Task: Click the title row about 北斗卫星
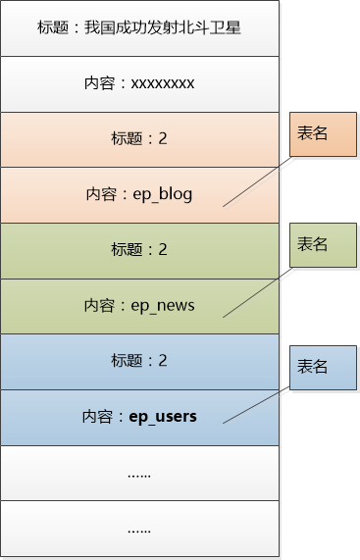tap(139, 28)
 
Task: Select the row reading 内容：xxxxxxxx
tap(139, 83)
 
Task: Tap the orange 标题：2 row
tap(139, 139)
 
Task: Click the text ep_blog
tap(163, 194)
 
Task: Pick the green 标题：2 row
tap(139, 250)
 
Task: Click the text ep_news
tap(163, 306)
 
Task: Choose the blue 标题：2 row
tap(139, 361)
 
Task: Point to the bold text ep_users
tap(163, 417)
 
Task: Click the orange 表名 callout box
tap(313, 134)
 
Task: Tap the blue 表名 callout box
tap(313, 367)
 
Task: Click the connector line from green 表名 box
tap(257, 291)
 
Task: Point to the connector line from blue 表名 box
tap(257, 404)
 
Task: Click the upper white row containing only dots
tap(139, 474)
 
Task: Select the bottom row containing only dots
tap(139, 530)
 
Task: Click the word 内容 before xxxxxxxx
tap(99, 83)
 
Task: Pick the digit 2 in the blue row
tap(163, 361)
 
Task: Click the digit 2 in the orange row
tap(163, 139)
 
